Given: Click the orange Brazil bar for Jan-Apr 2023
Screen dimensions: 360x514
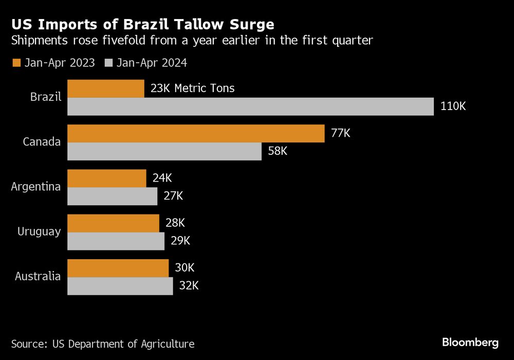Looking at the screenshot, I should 106,88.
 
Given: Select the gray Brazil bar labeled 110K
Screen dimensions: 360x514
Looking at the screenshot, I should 251,106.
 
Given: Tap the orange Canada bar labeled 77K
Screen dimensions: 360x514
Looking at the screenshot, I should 196,133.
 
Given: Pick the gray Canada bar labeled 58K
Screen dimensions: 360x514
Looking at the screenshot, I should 164,151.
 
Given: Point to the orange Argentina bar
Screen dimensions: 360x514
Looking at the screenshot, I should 107,178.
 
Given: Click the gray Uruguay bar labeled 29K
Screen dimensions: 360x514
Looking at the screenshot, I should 116,241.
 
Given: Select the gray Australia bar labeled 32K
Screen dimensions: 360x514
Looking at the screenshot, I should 120,286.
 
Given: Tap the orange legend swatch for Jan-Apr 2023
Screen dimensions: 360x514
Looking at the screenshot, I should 16,63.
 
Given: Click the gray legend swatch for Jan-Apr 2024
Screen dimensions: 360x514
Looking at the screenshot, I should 108,63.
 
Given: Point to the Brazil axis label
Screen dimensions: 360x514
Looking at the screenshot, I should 46,97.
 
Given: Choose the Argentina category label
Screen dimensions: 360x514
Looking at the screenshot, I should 36,187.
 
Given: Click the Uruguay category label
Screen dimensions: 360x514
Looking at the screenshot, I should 39,231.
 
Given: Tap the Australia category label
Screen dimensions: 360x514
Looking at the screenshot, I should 38,276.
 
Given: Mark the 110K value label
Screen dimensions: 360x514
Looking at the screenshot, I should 453,106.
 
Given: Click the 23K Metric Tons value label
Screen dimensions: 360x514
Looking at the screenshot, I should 192,88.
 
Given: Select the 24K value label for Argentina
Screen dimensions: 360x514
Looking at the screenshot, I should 162,178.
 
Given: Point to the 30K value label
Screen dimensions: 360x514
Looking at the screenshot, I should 185,268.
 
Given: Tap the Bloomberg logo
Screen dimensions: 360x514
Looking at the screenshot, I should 470,342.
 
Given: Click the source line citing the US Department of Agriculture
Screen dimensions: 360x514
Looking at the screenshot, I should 103,344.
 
